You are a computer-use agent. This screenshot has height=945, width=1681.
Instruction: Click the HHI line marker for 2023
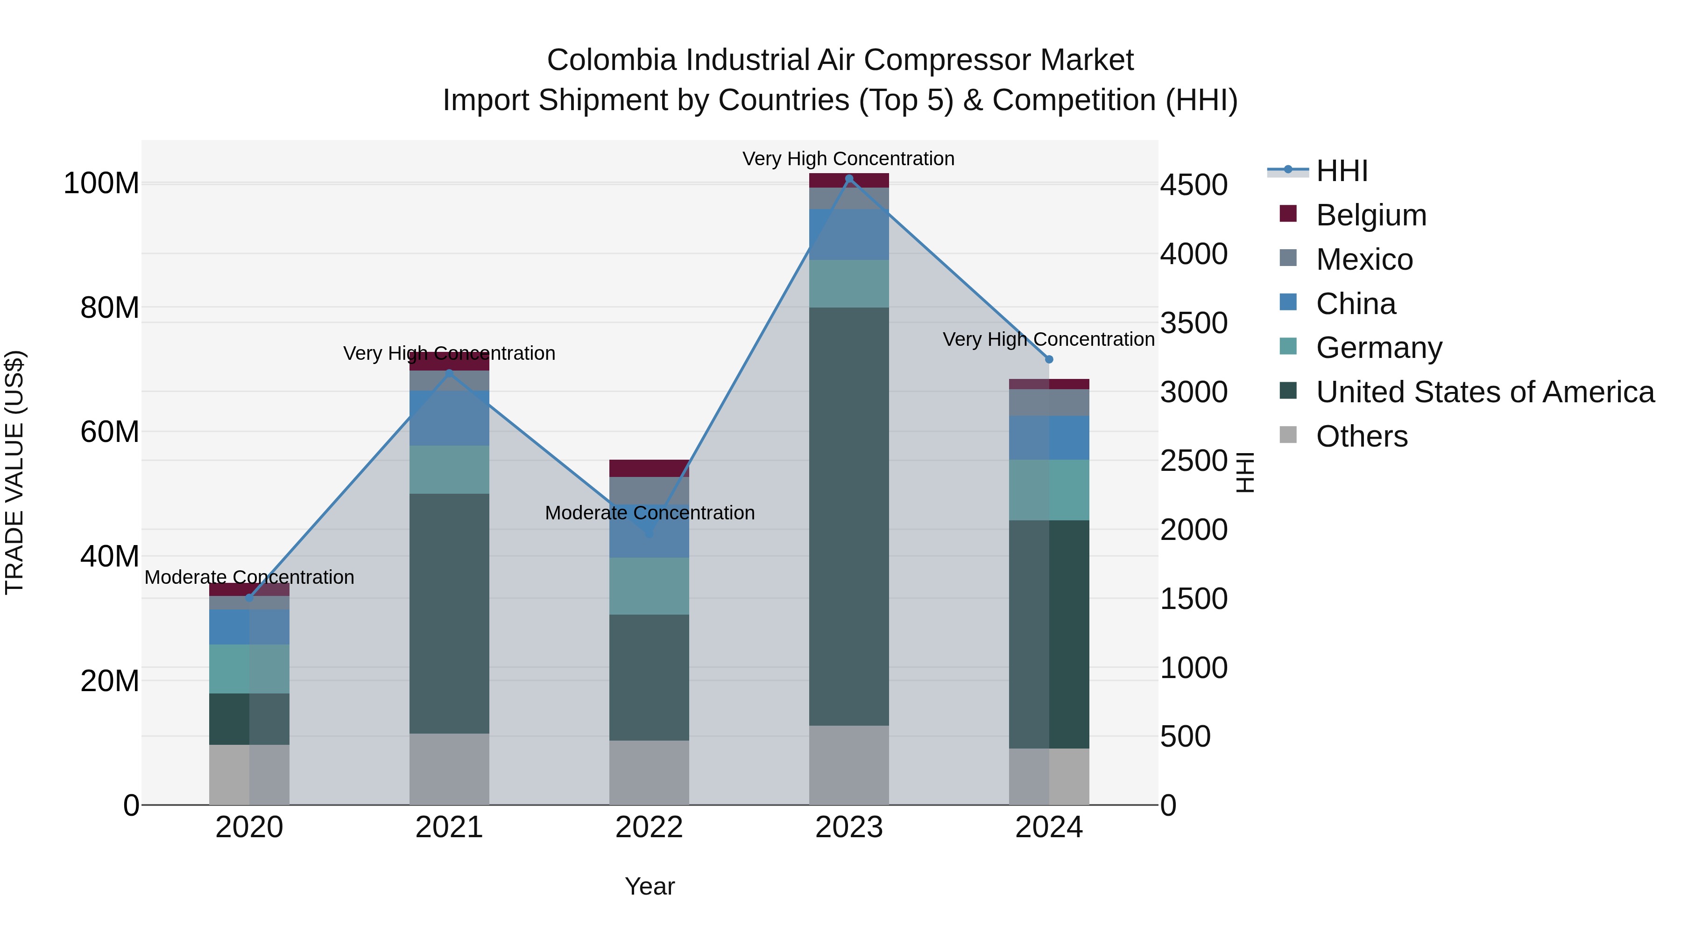coord(849,179)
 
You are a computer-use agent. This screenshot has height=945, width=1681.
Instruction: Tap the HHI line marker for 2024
coord(1049,359)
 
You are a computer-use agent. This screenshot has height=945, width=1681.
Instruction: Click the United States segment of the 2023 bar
coord(849,515)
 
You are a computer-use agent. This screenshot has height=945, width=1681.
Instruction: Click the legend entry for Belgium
coord(1370,215)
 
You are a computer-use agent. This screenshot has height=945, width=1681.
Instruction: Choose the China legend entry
coord(1356,304)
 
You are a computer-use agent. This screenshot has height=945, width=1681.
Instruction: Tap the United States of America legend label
coord(1484,392)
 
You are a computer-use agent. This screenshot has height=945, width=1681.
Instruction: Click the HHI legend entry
coord(1341,171)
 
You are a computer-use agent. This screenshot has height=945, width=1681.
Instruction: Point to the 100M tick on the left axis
coord(101,183)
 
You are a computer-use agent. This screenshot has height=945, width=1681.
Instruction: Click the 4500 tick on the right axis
coord(1194,185)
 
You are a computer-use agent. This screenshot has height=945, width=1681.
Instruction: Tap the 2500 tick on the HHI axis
coord(1194,461)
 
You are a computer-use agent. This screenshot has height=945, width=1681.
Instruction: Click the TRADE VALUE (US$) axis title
coord(14,472)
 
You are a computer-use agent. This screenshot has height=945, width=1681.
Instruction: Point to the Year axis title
coord(650,886)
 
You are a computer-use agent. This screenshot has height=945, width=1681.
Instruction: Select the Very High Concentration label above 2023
coord(848,159)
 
